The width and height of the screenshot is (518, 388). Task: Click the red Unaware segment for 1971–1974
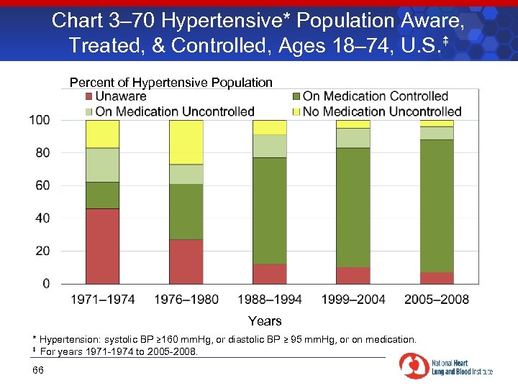click(x=102, y=246)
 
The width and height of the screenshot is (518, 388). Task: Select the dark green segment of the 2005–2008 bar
click(x=437, y=205)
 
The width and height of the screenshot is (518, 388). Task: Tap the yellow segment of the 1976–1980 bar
click(x=186, y=142)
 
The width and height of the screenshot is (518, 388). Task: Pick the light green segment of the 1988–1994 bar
click(x=269, y=146)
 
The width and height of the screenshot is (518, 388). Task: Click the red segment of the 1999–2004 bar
click(x=353, y=275)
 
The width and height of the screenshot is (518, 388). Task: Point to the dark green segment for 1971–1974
click(x=102, y=195)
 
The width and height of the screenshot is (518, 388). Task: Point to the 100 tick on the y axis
click(x=40, y=119)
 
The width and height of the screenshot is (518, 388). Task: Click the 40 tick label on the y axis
click(x=42, y=218)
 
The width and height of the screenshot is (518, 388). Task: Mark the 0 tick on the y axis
click(x=46, y=284)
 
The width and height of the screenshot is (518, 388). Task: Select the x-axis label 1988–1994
click(x=269, y=299)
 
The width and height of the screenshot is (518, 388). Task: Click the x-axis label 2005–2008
click(x=437, y=299)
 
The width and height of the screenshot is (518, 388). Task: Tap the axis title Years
click(x=265, y=320)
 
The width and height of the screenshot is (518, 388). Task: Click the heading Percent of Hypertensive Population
click(x=171, y=82)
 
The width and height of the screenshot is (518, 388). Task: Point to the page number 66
click(x=38, y=370)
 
